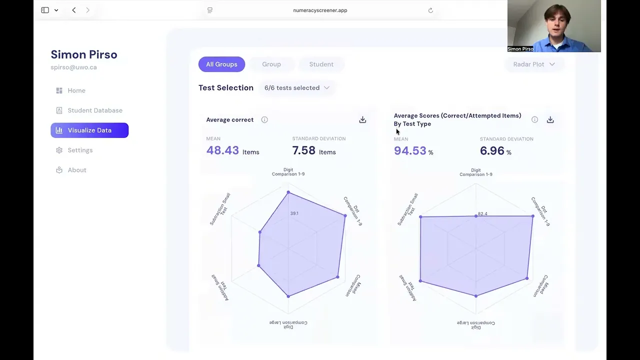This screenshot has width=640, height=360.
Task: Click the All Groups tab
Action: coord(221,64)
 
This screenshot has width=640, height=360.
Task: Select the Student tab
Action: coord(321,64)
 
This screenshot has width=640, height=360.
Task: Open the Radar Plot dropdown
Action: coord(534,64)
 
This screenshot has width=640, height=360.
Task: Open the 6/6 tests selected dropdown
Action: coord(297,87)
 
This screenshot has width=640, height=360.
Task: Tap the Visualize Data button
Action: coord(89,130)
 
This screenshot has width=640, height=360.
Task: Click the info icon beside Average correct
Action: coord(264,119)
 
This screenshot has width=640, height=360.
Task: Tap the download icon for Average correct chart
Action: coord(362,119)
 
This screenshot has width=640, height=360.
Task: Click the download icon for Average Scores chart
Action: coord(550,119)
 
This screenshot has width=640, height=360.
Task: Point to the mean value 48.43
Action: coord(222,150)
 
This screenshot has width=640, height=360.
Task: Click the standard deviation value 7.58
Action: coord(303,150)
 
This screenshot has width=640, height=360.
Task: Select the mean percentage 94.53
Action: coord(410,150)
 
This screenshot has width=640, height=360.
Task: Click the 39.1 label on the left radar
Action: coord(294,213)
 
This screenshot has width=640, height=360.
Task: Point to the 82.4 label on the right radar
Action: coord(482,213)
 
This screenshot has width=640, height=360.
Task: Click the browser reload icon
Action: coord(430,10)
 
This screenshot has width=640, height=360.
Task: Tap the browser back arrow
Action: coord(74,10)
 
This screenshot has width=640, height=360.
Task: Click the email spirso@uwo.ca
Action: coord(73,67)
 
